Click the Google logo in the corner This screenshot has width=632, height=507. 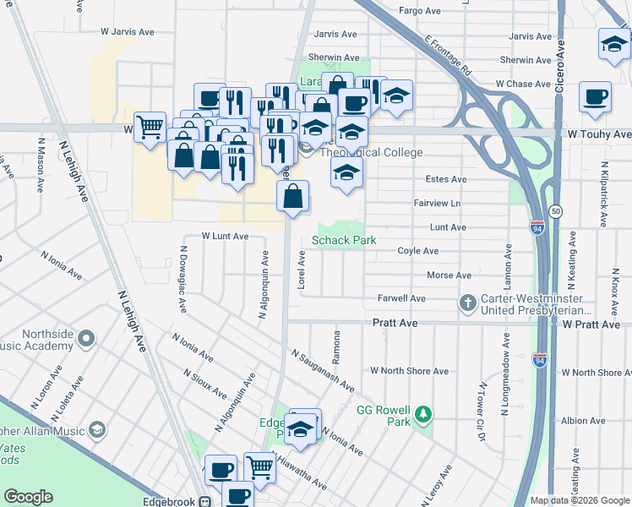(28, 497)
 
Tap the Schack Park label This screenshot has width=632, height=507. (344, 241)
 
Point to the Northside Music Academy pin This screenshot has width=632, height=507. (85, 340)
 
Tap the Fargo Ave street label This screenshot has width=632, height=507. (419, 12)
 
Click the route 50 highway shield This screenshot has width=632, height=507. (554, 210)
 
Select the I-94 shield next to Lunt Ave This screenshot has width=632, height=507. (538, 227)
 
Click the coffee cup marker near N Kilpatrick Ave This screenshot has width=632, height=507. (595, 95)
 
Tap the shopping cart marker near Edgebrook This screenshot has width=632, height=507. (259, 466)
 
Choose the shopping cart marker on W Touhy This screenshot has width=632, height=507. (150, 127)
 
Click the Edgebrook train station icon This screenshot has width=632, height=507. (204, 501)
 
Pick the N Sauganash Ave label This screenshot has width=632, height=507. (323, 371)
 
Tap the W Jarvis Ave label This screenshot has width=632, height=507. (128, 31)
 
